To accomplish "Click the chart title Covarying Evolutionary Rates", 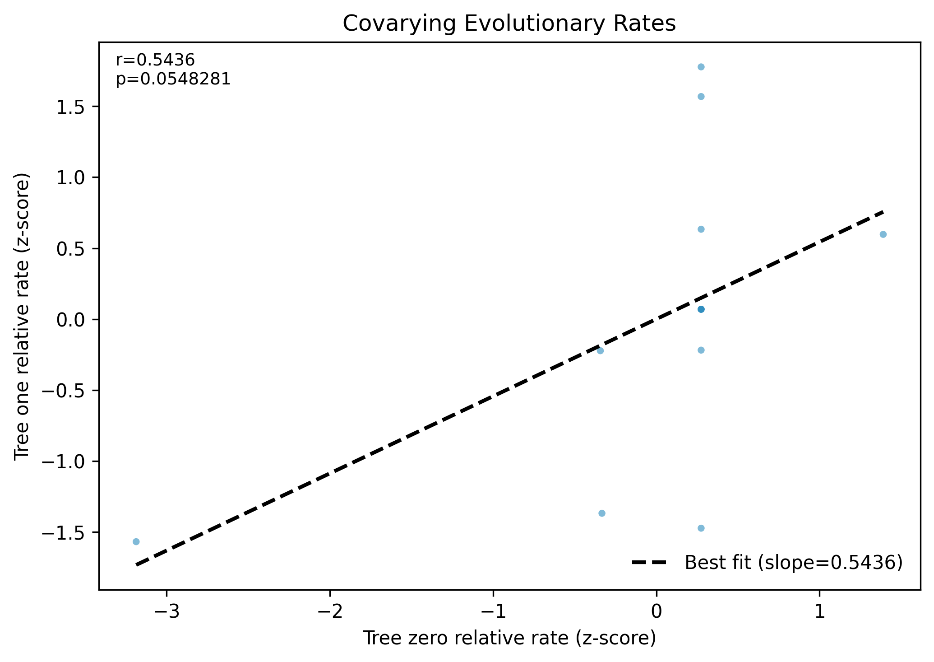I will [x=509, y=24].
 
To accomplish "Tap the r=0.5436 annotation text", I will [x=155, y=60].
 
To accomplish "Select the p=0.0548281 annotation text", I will [x=173, y=79].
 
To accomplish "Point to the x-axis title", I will [x=509, y=639].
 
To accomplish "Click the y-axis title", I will [x=22, y=316].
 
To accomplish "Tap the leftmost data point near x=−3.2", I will [x=136, y=541].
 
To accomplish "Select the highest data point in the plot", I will [x=701, y=67].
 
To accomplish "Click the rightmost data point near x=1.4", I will [x=883, y=234].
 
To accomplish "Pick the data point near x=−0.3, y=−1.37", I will [x=601, y=513].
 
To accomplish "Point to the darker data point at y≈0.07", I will [x=701, y=309].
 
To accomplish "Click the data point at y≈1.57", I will [x=701, y=96].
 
